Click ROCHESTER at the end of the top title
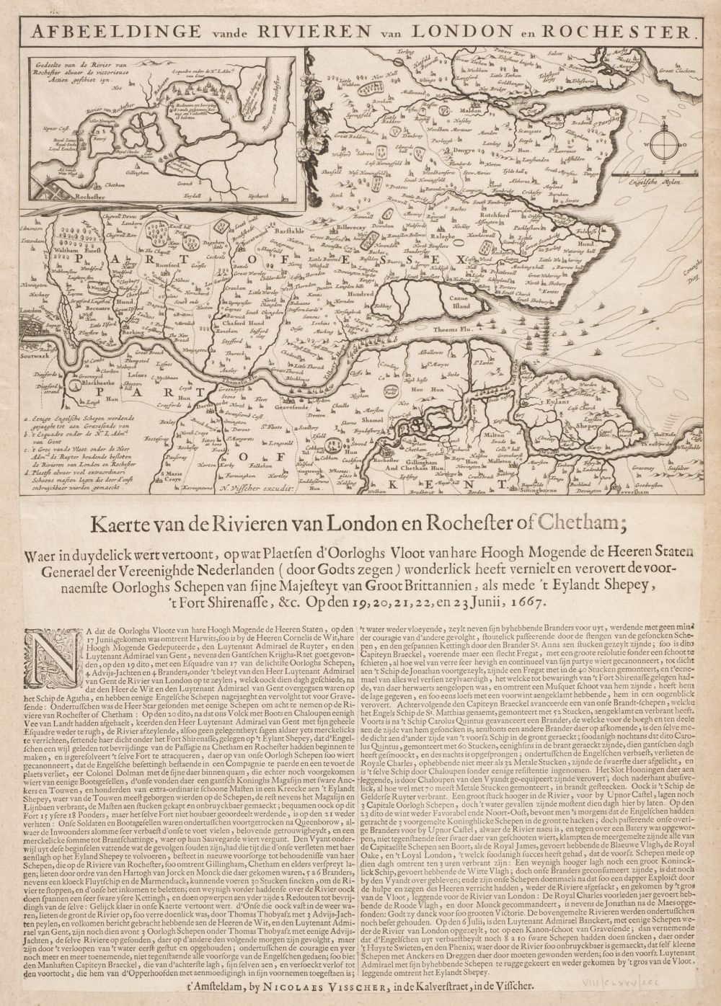622,33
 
